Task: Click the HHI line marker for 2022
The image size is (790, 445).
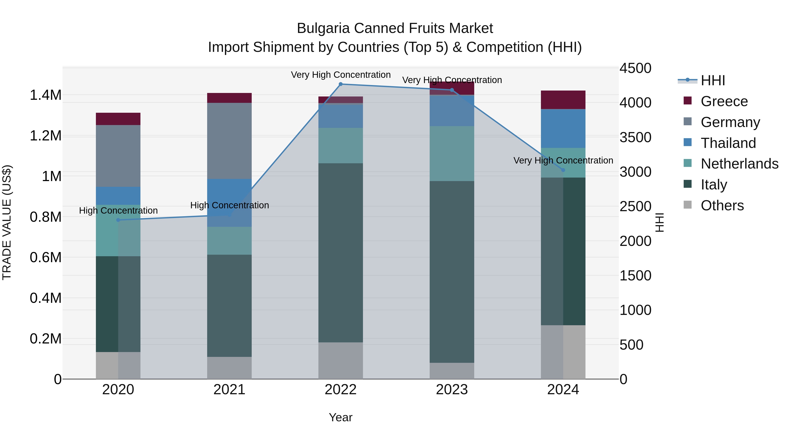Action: pos(340,84)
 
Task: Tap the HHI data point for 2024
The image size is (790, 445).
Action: pos(563,170)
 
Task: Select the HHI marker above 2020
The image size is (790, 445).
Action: pos(118,220)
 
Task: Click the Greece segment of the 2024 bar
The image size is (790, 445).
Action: pos(563,100)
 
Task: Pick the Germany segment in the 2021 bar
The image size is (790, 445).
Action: pos(229,141)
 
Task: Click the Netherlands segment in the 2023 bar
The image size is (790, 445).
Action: pos(452,154)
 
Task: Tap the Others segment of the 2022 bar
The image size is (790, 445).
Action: pos(340,361)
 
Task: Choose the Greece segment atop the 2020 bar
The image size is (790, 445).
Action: pos(118,119)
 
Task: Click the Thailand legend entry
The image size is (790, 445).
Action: pos(728,143)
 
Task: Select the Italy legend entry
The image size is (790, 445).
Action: pos(714,185)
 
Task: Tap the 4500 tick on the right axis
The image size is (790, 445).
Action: pos(635,68)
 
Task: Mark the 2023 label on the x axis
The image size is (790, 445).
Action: pos(452,390)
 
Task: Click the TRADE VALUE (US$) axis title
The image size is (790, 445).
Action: pos(7,222)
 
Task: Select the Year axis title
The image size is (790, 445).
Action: pos(340,417)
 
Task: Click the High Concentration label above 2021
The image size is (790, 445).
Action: pos(229,205)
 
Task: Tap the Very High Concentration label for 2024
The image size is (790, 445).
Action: pos(563,160)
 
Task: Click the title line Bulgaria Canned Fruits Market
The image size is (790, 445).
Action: pos(395,28)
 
